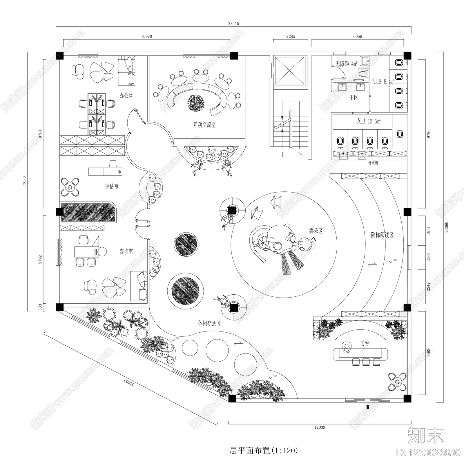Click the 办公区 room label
[x=126, y=96]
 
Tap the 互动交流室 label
[x=204, y=125]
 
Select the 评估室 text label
[x=112, y=186]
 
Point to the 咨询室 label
[x=126, y=251]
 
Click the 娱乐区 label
[x=316, y=231]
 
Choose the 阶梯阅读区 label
[x=382, y=235]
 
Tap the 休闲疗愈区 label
[x=209, y=323]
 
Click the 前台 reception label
[x=365, y=343]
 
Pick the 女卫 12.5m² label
[x=368, y=121]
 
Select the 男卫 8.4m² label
[x=383, y=82]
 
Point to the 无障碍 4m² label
[x=346, y=64]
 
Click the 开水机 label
[x=373, y=163]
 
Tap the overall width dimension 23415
[x=233, y=24]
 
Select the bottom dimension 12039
[x=319, y=427]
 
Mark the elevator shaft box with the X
[x=290, y=71]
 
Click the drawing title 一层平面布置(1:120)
[x=260, y=450]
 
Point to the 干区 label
[x=354, y=98]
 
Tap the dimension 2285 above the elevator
[x=291, y=37]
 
